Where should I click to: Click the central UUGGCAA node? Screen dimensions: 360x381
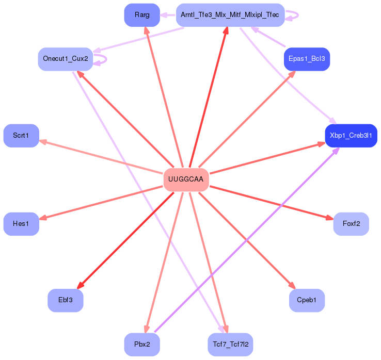click(x=186, y=179)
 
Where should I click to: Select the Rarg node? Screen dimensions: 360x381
click(x=142, y=15)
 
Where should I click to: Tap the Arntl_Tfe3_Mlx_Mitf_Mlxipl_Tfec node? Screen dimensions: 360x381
click(x=230, y=15)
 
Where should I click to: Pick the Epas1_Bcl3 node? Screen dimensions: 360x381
click(x=307, y=59)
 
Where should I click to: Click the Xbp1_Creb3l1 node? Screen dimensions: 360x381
click(x=351, y=135)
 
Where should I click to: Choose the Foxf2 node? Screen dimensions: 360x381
click(x=351, y=224)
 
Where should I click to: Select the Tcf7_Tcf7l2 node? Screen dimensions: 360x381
click(x=230, y=344)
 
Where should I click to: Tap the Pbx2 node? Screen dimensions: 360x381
click(x=142, y=344)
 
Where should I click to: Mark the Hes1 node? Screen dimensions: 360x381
click(x=21, y=224)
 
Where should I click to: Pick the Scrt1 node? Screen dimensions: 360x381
click(x=21, y=135)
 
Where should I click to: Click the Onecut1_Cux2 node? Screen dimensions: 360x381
click(x=66, y=59)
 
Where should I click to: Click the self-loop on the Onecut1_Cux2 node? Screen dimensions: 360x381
click(x=105, y=59)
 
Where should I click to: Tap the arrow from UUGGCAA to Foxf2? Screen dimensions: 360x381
click(x=268, y=202)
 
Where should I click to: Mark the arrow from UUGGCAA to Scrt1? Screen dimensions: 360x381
click(x=103, y=157)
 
